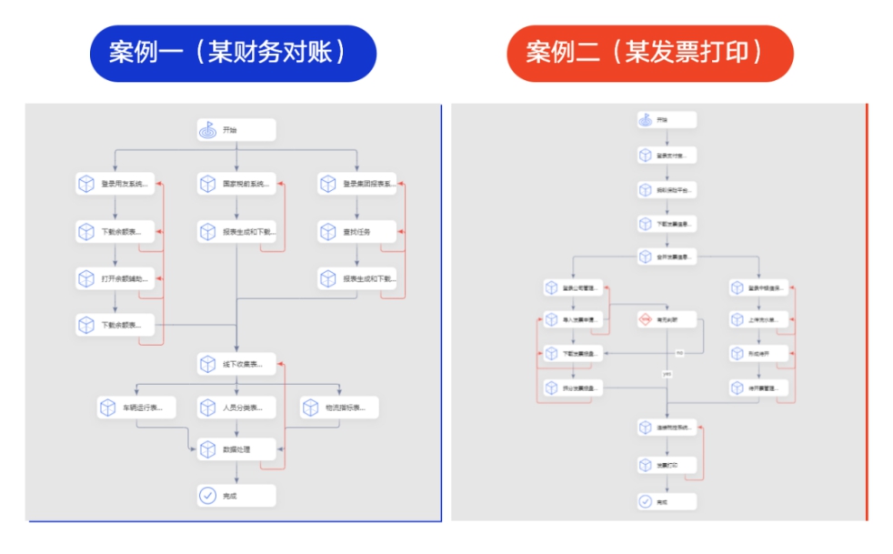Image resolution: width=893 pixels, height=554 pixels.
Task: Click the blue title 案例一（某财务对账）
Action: click(232, 53)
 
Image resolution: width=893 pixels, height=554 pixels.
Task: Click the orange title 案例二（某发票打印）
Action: click(649, 53)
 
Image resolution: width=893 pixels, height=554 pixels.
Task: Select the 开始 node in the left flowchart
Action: click(236, 130)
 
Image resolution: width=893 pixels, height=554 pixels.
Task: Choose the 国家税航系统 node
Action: click(236, 184)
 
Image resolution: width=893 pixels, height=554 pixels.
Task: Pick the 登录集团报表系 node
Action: click(357, 184)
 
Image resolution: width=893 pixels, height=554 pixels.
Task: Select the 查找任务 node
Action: click(357, 232)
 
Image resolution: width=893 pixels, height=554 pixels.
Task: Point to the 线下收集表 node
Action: click(236, 365)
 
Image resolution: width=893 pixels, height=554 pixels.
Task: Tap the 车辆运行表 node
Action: click(135, 408)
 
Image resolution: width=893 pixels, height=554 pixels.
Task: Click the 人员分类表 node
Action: click(236, 408)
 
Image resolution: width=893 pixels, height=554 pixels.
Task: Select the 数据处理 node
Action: click(236, 448)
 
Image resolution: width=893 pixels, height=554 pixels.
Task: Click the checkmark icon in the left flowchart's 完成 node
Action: click(208, 496)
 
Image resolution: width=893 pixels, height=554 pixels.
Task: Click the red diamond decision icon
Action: click(645, 319)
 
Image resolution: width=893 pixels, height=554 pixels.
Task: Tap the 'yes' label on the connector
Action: click(667, 374)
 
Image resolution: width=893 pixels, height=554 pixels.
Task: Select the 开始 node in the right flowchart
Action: click(667, 119)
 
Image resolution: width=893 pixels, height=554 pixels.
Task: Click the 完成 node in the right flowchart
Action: click(667, 501)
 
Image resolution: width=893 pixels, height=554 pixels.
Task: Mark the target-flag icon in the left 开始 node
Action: click(208, 130)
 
